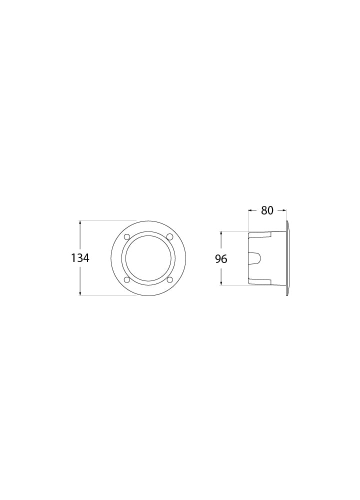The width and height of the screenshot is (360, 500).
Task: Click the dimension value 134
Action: click(80, 258)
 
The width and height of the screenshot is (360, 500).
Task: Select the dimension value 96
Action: click(221, 259)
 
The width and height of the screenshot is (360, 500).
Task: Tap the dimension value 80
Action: click(267, 210)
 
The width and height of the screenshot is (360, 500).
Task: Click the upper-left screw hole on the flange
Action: click(126, 236)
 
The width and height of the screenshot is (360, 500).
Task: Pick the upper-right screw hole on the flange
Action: click(169, 236)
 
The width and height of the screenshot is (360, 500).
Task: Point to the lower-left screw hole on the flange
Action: click(126, 279)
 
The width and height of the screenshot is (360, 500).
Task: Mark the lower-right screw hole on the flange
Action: click(169, 279)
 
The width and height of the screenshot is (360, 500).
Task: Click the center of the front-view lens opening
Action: click(148, 258)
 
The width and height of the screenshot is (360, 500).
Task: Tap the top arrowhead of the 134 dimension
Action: click(80, 223)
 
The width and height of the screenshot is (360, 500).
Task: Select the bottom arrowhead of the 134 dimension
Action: click(80, 293)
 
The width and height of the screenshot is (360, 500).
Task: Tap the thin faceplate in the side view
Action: click(287, 258)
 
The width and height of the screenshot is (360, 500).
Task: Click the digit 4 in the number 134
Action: click(86, 258)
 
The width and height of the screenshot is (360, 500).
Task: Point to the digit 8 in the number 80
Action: click(264, 210)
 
